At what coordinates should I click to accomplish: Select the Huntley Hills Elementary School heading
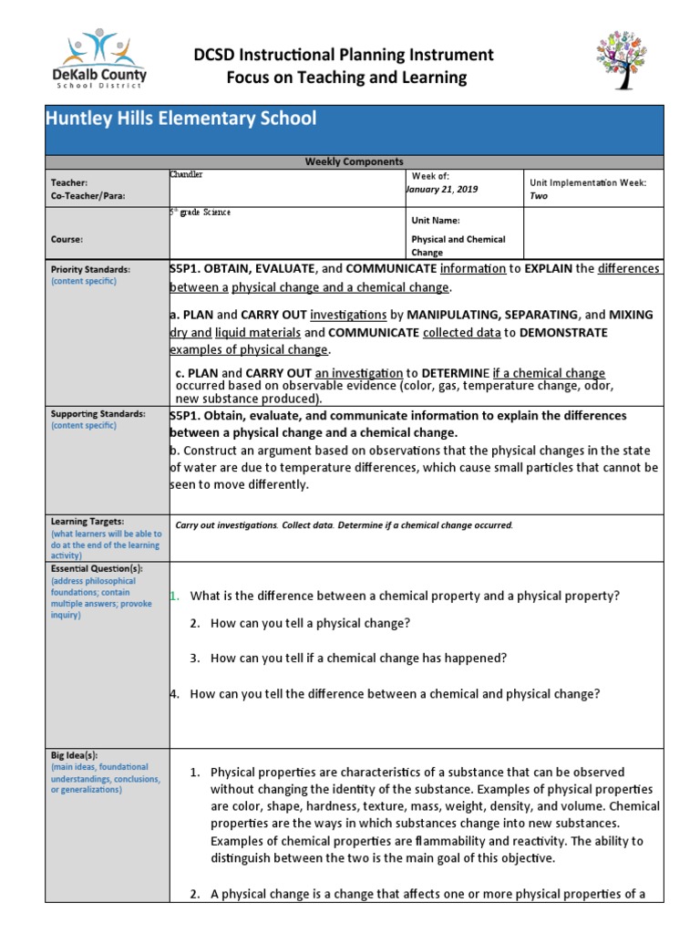[x=181, y=119]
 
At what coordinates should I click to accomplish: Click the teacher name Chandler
[x=188, y=173]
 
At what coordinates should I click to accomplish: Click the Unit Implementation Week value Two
[x=539, y=196]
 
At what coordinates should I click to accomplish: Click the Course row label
[x=67, y=240]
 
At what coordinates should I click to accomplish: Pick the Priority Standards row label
[x=90, y=270]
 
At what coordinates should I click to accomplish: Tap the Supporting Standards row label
[x=98, y=414]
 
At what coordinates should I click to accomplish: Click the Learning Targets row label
[x=87, y=522]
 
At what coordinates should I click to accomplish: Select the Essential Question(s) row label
[x=97, y=568]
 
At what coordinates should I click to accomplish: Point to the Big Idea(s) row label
[x=74, y=756]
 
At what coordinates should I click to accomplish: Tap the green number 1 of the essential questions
[x=173, y=597]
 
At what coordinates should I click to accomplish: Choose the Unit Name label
[x=436, y=221]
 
